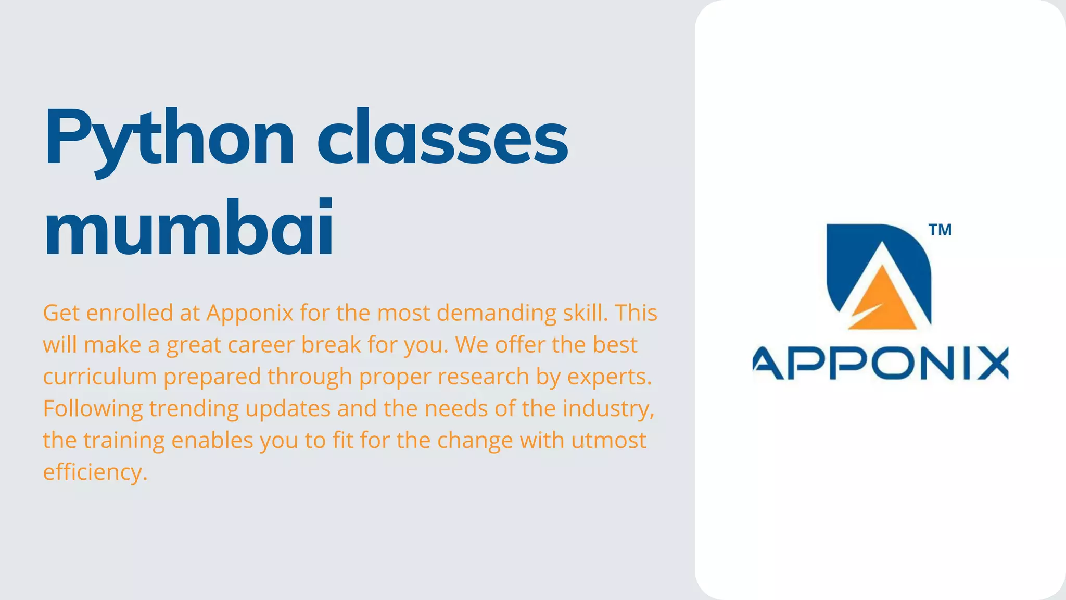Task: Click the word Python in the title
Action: (169, 138)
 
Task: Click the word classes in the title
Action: (442, 138)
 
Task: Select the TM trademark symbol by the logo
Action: (940, 230)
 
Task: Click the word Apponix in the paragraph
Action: (250, 313)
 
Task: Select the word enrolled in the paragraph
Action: (130, 313)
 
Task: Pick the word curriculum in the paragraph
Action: (99, 377)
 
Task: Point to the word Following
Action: (93, 408)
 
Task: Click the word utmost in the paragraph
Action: (608, 440)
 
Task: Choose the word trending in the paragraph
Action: (194, 408)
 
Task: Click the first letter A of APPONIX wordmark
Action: (769, 363)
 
